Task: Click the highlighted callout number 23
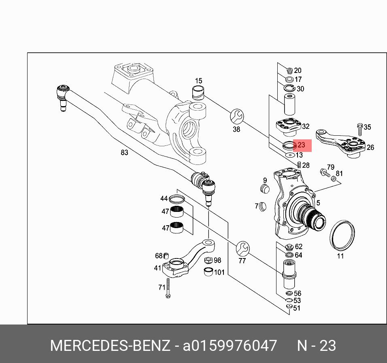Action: [x=301, y=145]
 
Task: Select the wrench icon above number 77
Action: [x=242, y=248]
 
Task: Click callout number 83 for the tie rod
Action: [x=124, y=152]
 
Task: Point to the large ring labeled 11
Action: [x=342, y=236]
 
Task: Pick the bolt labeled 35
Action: [x=359, y=129]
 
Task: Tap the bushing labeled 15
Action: [x=198, y=92]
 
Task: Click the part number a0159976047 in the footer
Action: [x=230, y=346]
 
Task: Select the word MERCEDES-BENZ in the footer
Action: [x=110, y=346]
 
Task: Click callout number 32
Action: [x=306, y=127]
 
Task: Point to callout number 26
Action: [x=370, y=147]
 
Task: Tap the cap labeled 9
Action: [x=264, y=189]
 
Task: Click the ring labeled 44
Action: [x=176, y=199]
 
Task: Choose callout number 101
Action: [x=219, y=272]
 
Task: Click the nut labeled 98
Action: [x=208, y=261]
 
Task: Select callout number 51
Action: [x=297, y=308]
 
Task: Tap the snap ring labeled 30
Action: [x=289, y=88]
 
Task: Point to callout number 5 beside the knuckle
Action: [x=318, y=203]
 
